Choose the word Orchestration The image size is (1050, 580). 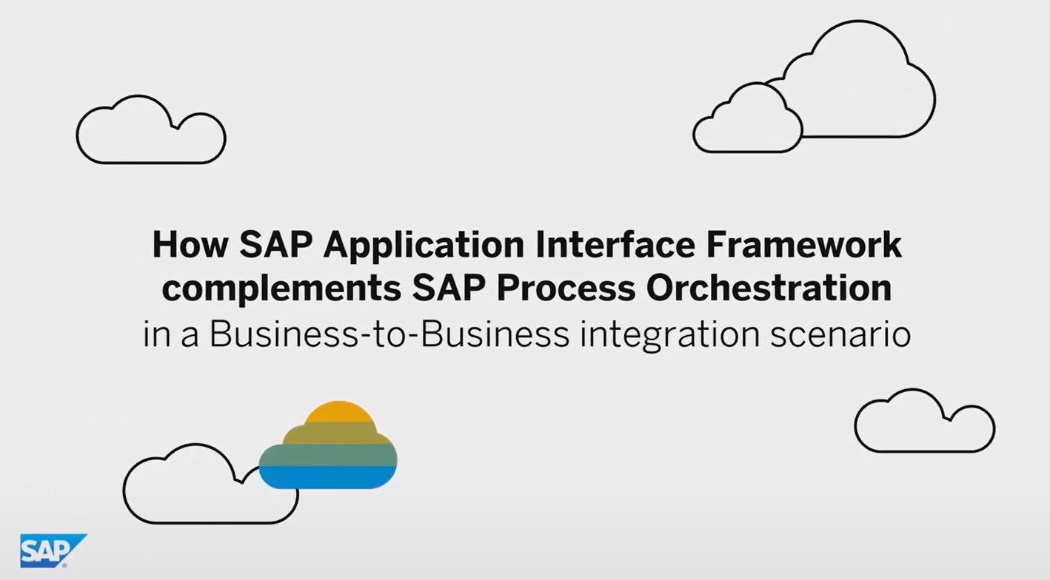point(769,289)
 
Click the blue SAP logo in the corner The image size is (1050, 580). point(51,550)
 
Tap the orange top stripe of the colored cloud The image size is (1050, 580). point(338,412)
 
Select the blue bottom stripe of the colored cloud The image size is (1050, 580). point(328,477)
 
